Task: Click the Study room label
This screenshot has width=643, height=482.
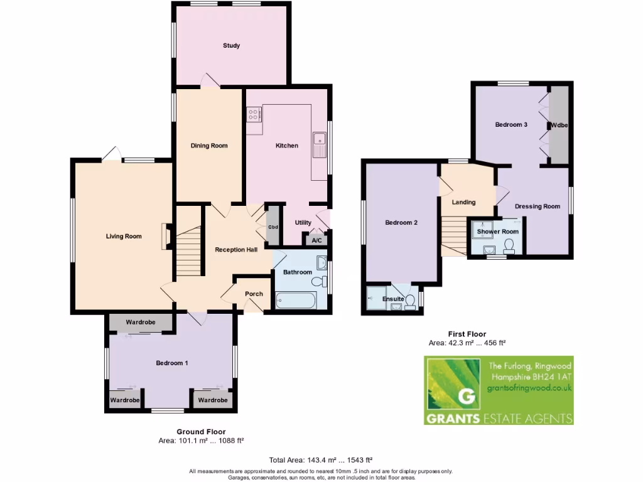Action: (231, 46)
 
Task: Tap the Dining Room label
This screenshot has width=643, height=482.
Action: (209, 146)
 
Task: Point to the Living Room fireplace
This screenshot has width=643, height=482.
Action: (165, 237)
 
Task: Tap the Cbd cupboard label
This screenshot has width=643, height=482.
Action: (273, 227)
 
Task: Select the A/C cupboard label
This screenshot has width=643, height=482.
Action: (316, 240)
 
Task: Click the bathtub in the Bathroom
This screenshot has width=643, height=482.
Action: (296, 300)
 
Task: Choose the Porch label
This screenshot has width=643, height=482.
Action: (254, 294)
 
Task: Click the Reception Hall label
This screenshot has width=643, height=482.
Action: (236, 250)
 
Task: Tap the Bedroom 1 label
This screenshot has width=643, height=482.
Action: (172, 363)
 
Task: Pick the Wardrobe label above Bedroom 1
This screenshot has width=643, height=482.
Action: (141, 323)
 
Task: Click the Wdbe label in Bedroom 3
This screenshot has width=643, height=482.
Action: (559, 126)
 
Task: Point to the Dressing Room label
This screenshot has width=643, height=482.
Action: (537, 206)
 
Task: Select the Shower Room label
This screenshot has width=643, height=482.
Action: (498, 232)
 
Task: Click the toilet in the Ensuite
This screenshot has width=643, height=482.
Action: (410, 303)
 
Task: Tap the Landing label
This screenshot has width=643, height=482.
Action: (463, 202)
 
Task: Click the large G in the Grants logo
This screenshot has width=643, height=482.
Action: (466, 397)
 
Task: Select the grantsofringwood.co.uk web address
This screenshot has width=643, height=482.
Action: (529, 388)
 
